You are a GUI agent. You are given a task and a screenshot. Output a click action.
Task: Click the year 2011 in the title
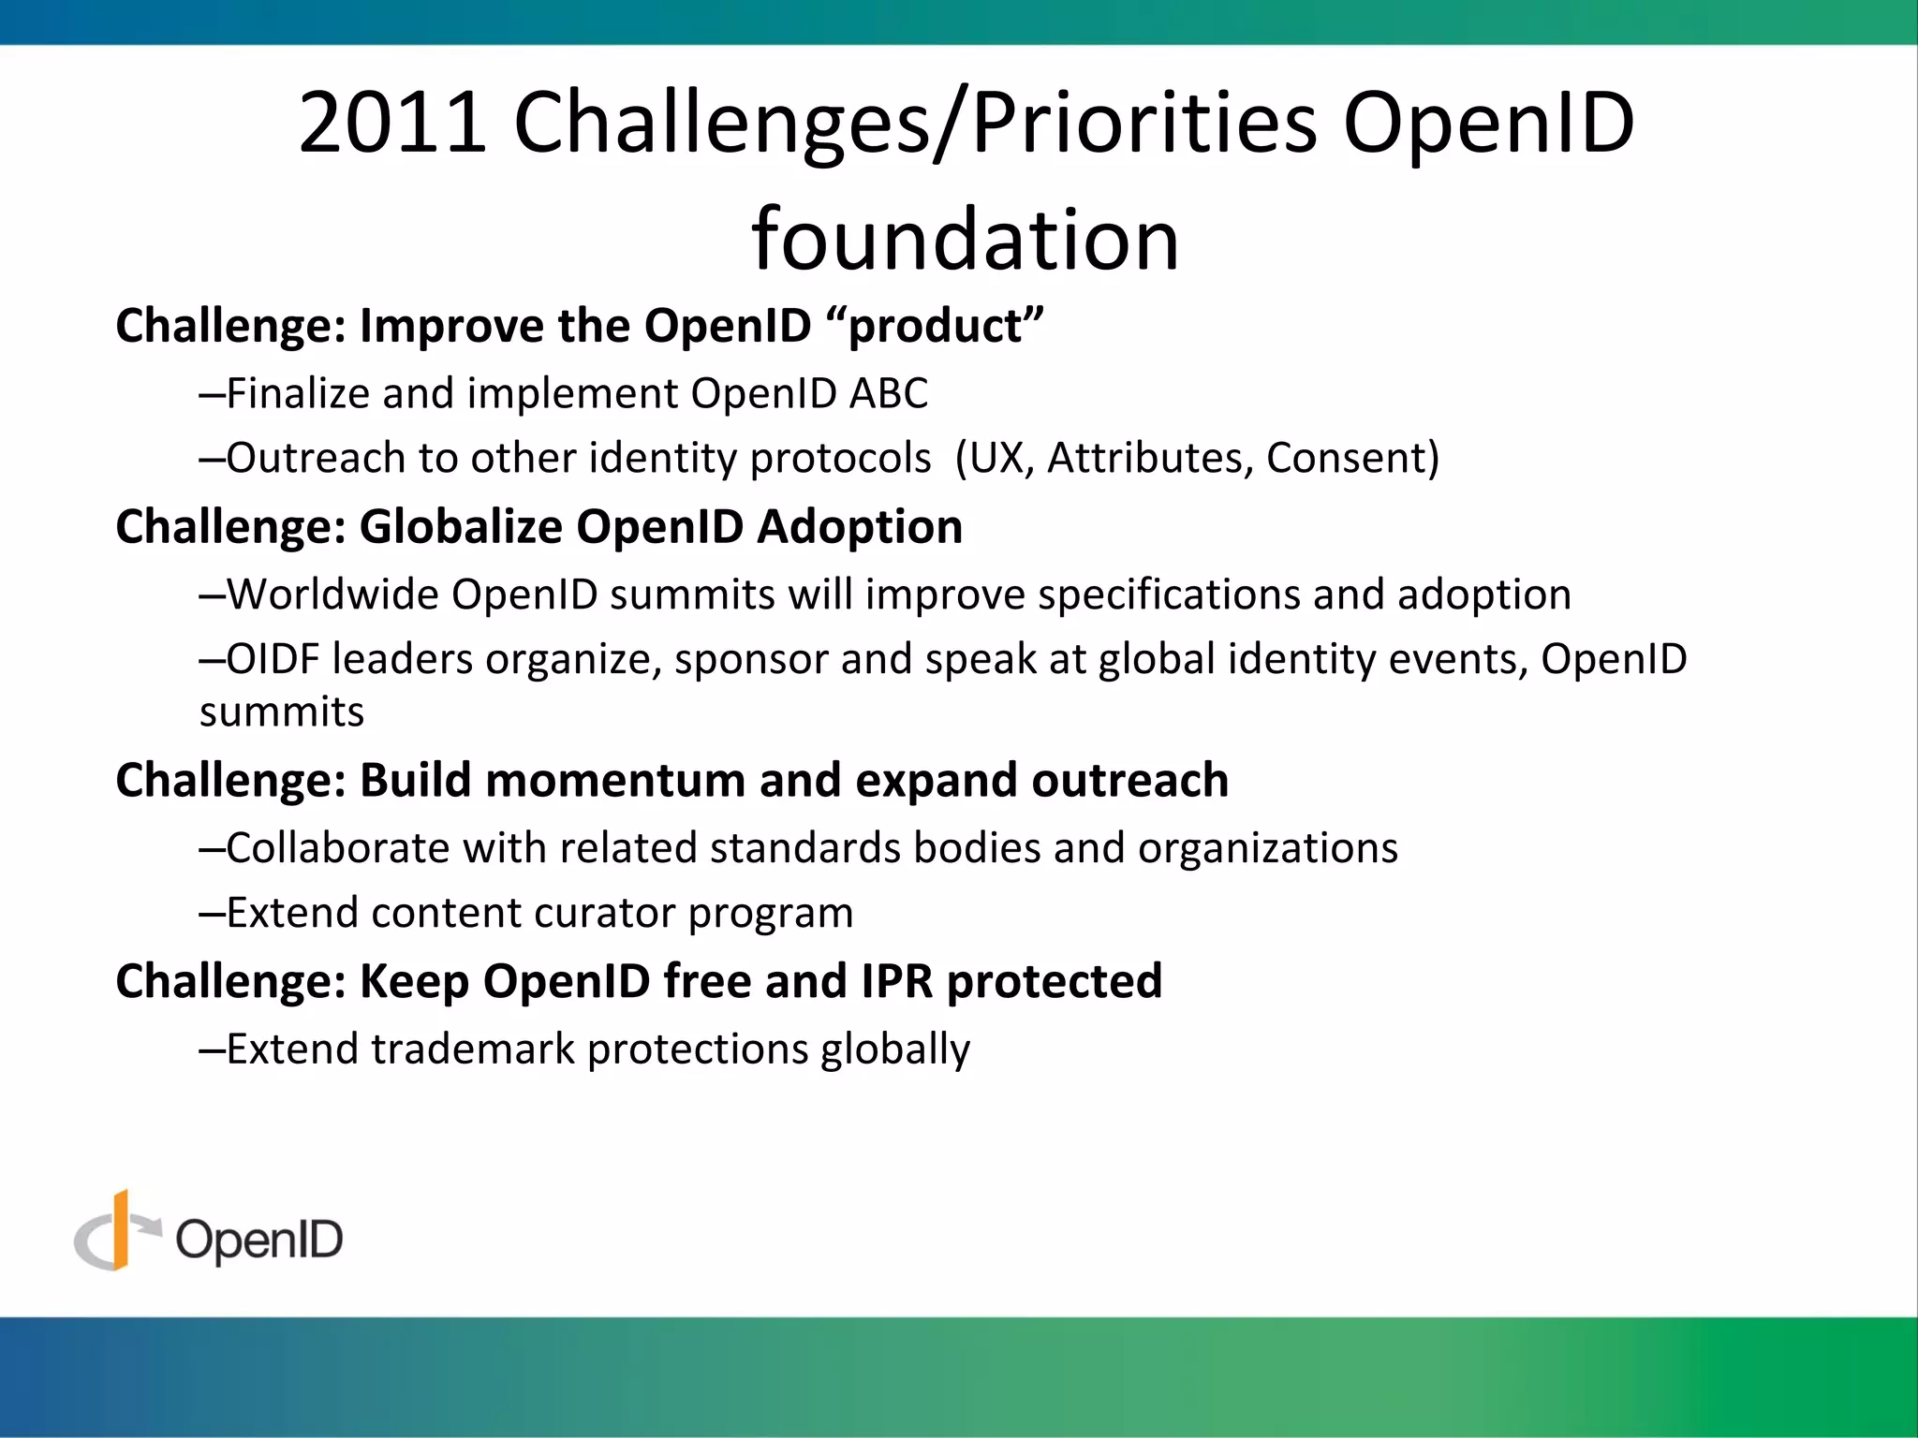[392, 123]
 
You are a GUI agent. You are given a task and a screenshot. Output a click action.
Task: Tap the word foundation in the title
[965, 240]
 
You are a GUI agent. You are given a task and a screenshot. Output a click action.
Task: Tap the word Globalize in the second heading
[460, 526]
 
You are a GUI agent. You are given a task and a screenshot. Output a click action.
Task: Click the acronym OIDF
[273, 659]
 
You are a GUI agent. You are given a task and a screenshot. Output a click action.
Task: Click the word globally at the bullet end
[894, 1049]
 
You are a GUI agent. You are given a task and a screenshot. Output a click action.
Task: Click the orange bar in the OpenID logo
[120, 1229]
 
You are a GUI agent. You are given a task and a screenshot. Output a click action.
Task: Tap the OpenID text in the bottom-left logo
[258, 1240]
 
